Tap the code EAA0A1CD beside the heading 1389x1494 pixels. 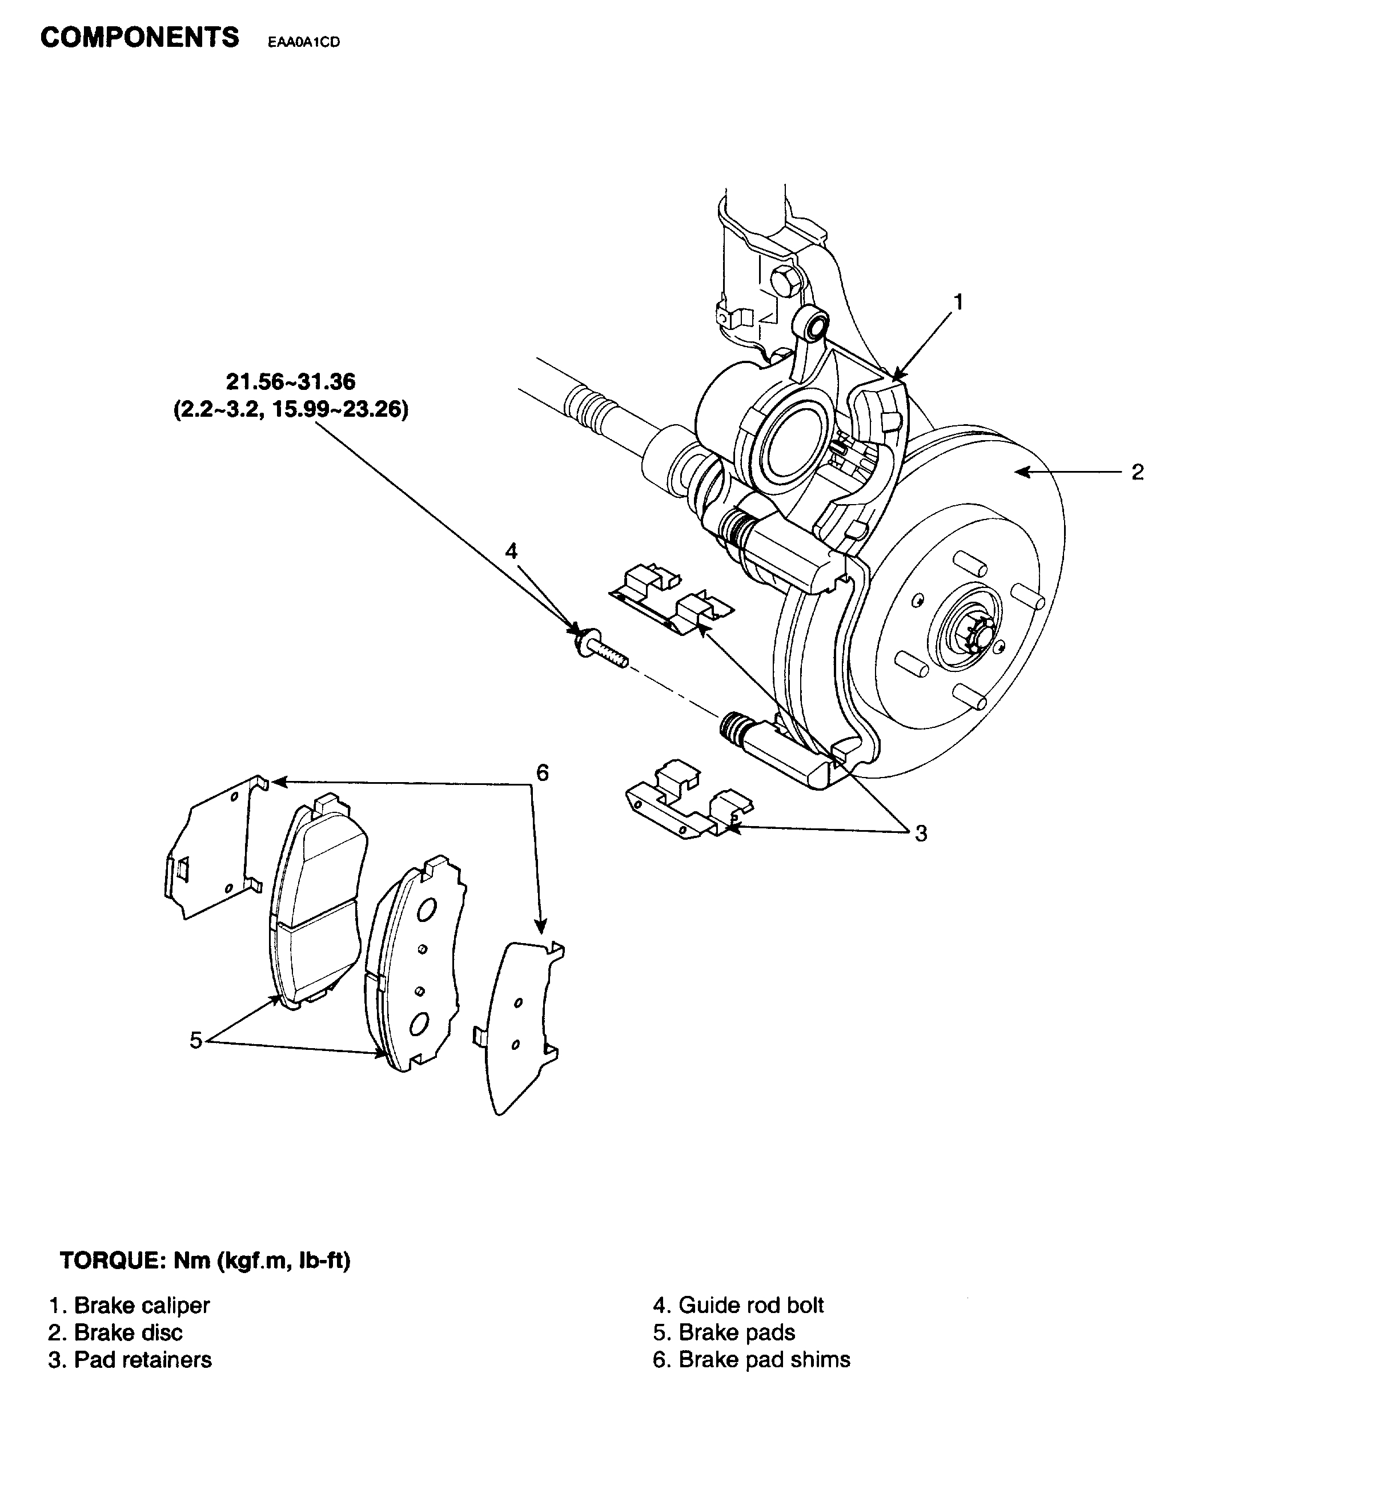(x=304, y=43)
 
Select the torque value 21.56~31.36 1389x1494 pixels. (x=291, y=382)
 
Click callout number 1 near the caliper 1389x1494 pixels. (x=958, y=302)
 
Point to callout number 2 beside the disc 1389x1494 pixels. (x=1137, y=473)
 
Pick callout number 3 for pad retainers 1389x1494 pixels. (x=921, y=833)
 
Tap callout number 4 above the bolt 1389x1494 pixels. (x=511, y=551)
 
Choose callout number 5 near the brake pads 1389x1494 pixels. (x=195, y=1041)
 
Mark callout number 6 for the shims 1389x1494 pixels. (x=542, y=772)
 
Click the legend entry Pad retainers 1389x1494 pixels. (x=130, y=1359)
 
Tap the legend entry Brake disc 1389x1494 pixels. (x=116, y=1332)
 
